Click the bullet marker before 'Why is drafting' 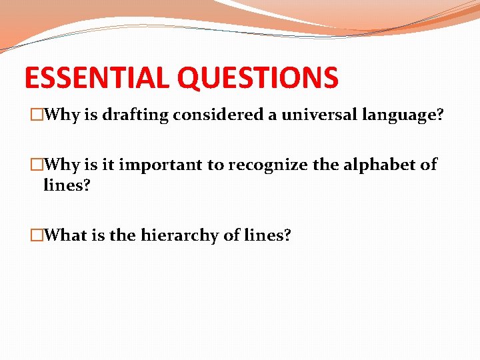(37, 115)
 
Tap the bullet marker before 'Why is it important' (37, 165)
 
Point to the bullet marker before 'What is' (37, 235)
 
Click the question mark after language (439, 115)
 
